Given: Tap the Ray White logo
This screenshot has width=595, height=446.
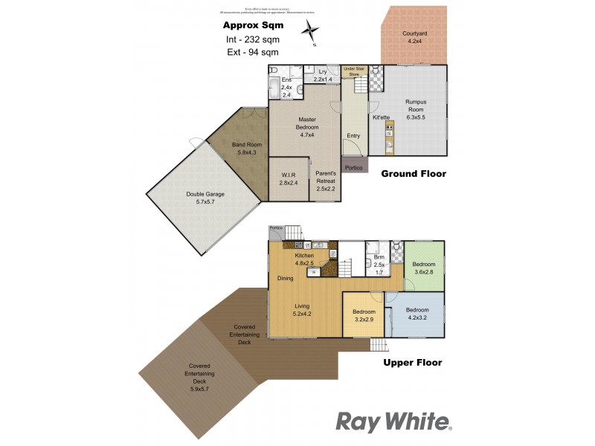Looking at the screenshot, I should click(x=394, y=421).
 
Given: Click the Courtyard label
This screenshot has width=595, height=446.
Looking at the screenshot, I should click(x=414, y=38).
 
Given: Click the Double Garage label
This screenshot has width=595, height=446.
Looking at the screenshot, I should click(x=205, y=198).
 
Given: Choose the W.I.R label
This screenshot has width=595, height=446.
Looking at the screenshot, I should click(x=288, y=178).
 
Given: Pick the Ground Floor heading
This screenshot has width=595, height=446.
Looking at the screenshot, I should click(x=414, y=174).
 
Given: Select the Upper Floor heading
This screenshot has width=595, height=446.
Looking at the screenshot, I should click(x=412, y=363).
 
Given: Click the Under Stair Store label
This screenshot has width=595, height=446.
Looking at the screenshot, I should click(x=355, y=71).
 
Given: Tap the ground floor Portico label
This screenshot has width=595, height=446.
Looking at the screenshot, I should click(x=354, y=168).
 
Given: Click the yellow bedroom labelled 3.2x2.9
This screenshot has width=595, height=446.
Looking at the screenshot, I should click(x=364, y=315).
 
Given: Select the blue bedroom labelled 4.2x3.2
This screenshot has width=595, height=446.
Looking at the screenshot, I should click(x=417, y=314).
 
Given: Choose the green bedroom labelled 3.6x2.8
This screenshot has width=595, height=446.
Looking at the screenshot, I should click(x=424, y=268).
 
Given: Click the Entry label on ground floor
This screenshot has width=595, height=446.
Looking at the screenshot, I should click(x=353, y=135).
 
